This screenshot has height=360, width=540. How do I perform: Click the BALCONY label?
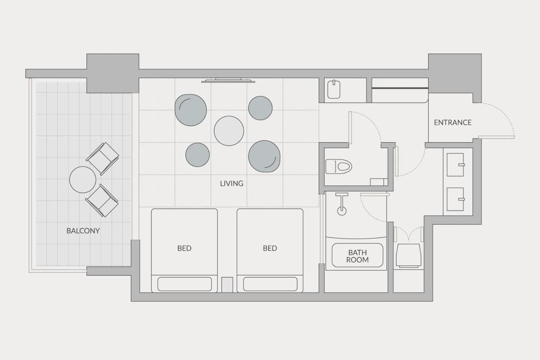point(83,231)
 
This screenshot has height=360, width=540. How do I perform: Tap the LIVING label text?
point(232,183)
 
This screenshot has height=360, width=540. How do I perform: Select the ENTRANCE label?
point(453,122)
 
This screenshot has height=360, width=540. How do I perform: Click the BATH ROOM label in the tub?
point(357,256)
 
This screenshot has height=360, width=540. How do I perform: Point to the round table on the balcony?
point(82,180)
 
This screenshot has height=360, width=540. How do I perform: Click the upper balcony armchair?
point(103,158)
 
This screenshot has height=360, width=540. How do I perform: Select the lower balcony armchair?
point(102,200)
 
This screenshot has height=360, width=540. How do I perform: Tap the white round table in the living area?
point(229,131)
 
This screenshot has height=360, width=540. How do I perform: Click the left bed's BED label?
point(184,248)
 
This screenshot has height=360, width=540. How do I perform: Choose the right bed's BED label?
point(270,248)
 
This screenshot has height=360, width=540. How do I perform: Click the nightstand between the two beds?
point(227,285)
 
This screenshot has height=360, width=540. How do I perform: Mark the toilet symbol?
point(339,167)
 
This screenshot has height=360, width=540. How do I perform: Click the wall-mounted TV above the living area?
point(228,80)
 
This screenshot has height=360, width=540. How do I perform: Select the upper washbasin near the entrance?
point(455,165)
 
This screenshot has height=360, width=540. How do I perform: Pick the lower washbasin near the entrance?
point(455,199)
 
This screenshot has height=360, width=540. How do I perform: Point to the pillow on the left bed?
point(184,284)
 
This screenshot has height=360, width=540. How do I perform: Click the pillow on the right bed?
point(270,284)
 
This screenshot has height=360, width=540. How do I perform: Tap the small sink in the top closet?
point(334,89)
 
